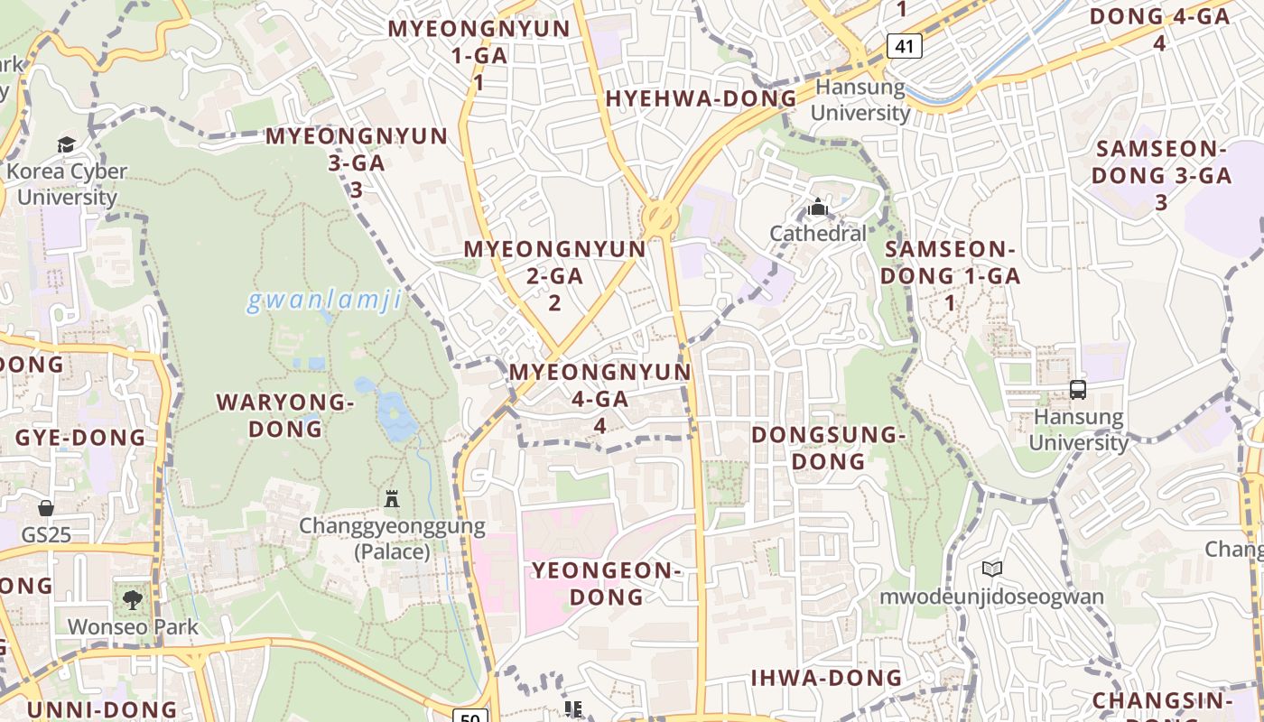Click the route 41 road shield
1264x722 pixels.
pos(904,46)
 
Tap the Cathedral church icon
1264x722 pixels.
pos(818,208)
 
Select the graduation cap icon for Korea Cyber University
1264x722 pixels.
pos(66,144)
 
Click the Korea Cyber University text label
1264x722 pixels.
pos(67,184)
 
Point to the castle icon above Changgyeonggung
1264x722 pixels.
pos(392,498)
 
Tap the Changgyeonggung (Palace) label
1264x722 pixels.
pos(392,538)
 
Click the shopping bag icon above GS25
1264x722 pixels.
pos(46,508)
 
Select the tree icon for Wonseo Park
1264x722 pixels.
pos(133,598)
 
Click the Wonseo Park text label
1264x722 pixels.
pos(133,626)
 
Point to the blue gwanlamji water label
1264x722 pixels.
pos(324,301)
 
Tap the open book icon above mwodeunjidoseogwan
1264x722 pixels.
pos(992,569)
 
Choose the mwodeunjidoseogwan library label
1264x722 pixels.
pos(992,597)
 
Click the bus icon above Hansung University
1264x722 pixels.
pos(1078,390)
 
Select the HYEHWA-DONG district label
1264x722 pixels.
pos(702,99)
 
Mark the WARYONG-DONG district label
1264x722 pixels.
pos(285,415)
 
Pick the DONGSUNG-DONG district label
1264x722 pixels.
pos(828,448)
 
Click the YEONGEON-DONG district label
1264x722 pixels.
pos(606,583)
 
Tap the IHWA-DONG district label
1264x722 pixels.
pos(826,678)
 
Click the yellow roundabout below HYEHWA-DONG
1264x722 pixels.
pos(660,218)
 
